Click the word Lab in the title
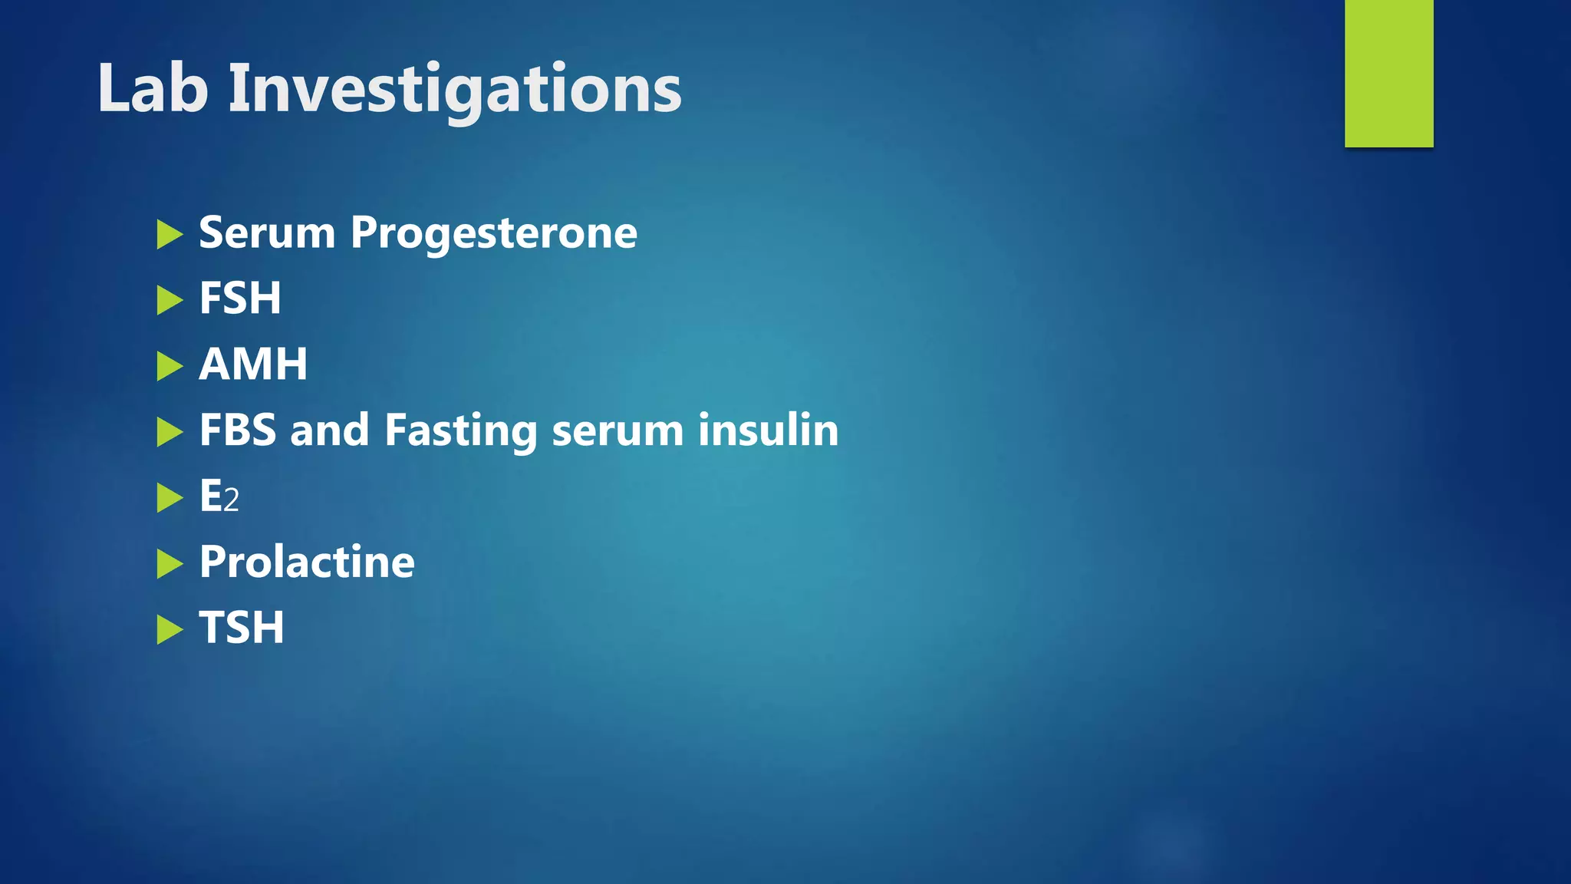[x=153, y=88]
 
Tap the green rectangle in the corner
[x=1388, y=73]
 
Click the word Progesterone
[x=493, y=234]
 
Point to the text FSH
[x=240, y=298]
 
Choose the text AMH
[x=253, y=364]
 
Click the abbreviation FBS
[x=237, y=430]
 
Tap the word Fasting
[x=460, y=431]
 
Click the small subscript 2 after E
[x=232, y=501]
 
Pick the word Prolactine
[x=307, y=562]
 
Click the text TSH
[x=242, y=628]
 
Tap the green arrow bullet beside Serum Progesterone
[x=170, y=234]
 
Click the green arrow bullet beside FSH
[x=170, y=300]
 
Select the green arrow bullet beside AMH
[x=170, y=366]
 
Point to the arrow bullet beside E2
[x=170, y=497]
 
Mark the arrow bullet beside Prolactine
[x=170, y=564]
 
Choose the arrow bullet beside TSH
[x=170, y=630]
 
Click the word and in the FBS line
[x=329, y=430]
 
